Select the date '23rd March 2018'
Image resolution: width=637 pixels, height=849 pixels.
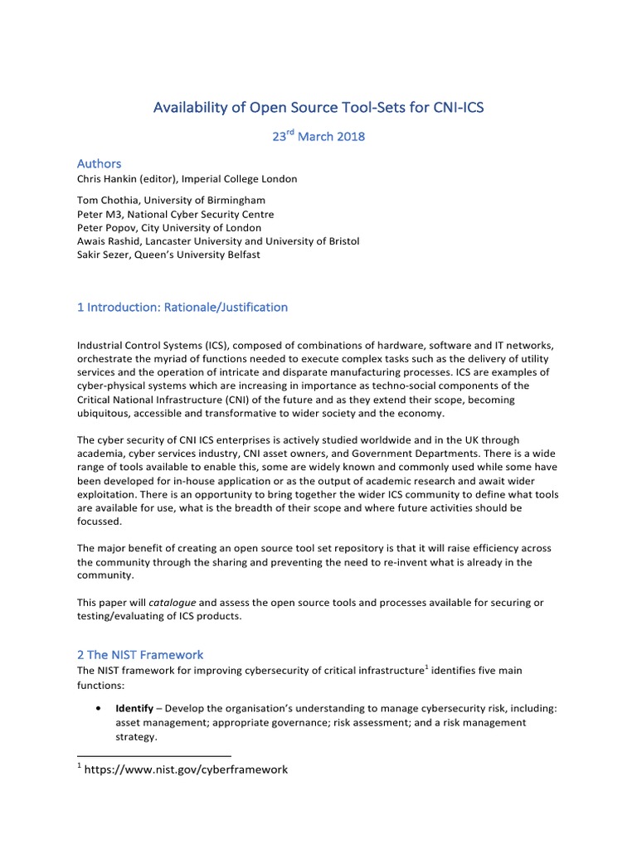click(x=318, y=136)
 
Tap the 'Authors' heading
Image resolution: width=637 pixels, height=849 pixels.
click(x=100, y=163)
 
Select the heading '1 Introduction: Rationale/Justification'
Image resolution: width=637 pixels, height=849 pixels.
click(x=182, y=307)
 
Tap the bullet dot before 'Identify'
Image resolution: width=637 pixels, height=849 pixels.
click(x=100, y=710)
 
